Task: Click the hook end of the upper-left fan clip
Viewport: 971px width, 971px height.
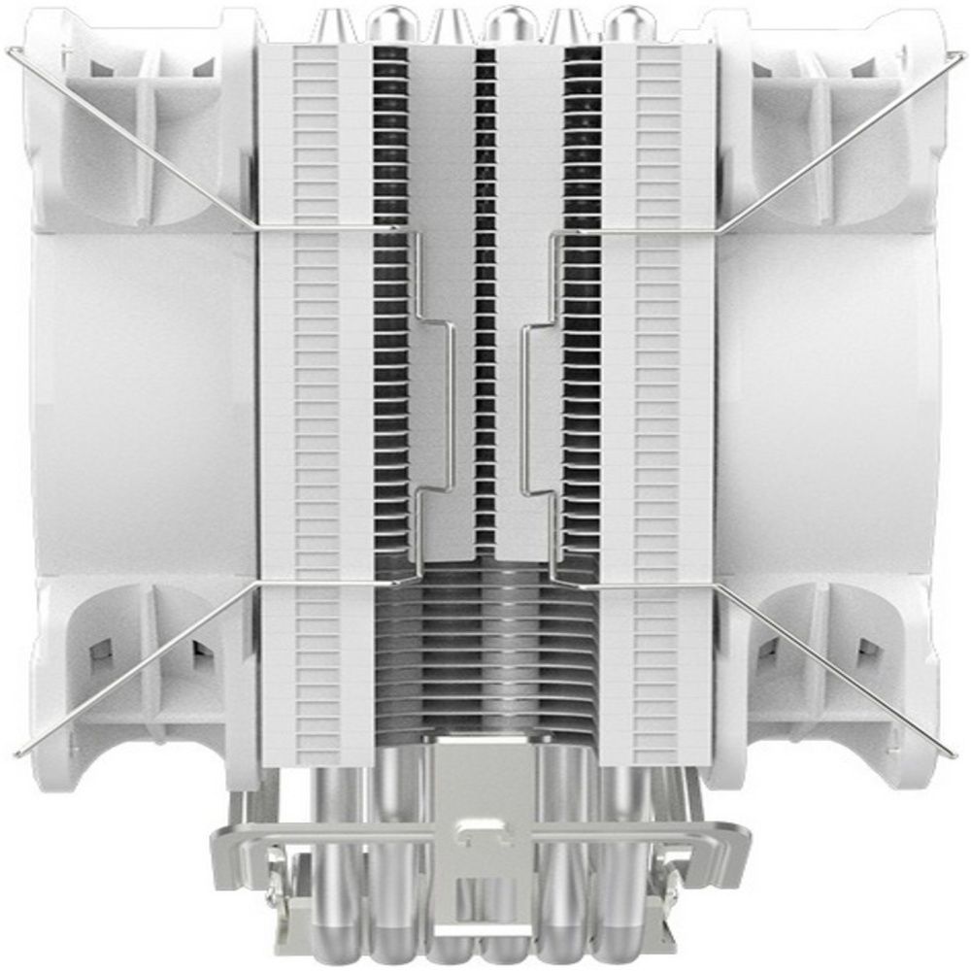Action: [12, 49]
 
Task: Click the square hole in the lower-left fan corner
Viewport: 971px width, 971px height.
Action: [101, 652]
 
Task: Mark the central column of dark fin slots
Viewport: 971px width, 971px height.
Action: [485, 291]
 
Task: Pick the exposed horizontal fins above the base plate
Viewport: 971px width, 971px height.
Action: [485, 631]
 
